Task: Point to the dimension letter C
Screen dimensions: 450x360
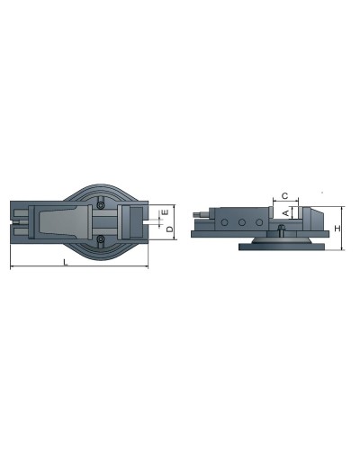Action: point(283,194)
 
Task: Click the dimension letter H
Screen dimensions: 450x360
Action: point(337,229)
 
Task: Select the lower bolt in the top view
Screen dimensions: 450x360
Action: point(101,238)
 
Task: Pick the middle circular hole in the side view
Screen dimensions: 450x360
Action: point(240,221)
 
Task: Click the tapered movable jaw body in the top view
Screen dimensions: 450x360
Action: point(63,221)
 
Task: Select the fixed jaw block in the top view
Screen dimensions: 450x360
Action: point(131,221)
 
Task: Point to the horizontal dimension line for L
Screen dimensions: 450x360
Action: point(76,268)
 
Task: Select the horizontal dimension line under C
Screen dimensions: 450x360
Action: point(283,202)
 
